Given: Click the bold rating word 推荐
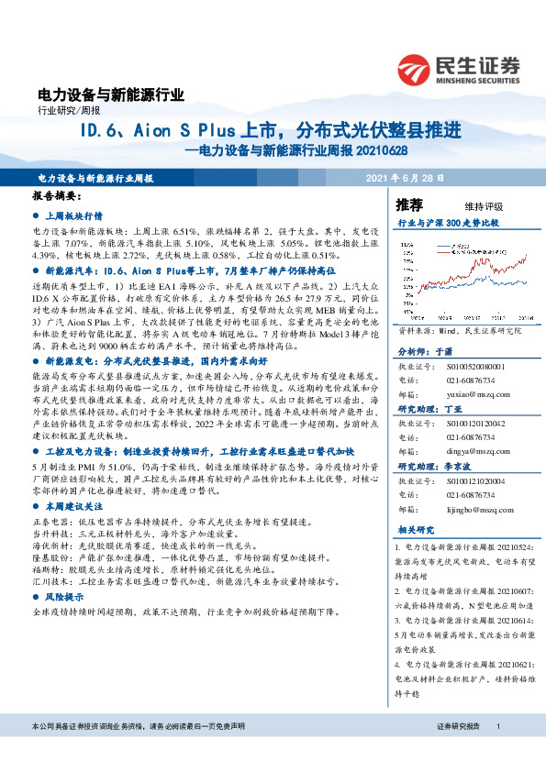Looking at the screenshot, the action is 409,204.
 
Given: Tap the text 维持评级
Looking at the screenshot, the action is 471,205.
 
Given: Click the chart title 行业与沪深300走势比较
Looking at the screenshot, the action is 448,223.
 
